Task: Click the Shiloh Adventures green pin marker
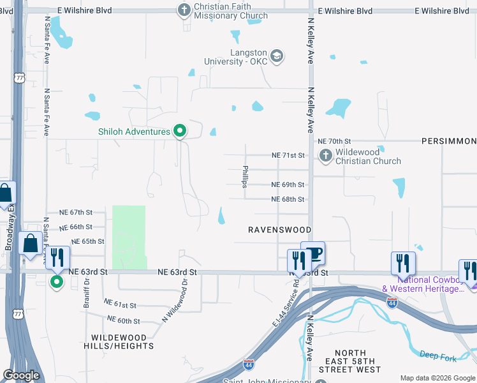pyautogui.click(x=180, y=131)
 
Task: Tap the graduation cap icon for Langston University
pyautogui.click(x=277, y=57)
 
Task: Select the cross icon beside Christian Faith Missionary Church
pyautogui.click(x=184, y=10)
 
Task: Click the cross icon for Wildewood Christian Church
pyautogui.click(x=325, y=156)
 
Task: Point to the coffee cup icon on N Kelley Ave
pyautogui.click(x=314, y=253)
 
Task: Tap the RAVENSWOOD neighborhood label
pyautogui.click(x=279, y=230)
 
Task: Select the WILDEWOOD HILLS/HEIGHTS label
pyautogui.click(x=122, y=342)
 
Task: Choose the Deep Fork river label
pyautogui.click(x=436, y=354)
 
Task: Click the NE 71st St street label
pyautogui.click(x=288, y=155)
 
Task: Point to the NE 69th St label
pyautogui.click(x=288, y=184)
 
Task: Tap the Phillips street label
pyautogui.click(x=245, y=177)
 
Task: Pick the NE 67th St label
pyautogui.click(x=76, y=212)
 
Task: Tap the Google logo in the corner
pyautogui.click(x=21, y=375)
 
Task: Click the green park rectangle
pyautogui.click(x=129, y=237)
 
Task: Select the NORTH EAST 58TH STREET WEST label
pyautogui.click(x=350, y=361)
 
